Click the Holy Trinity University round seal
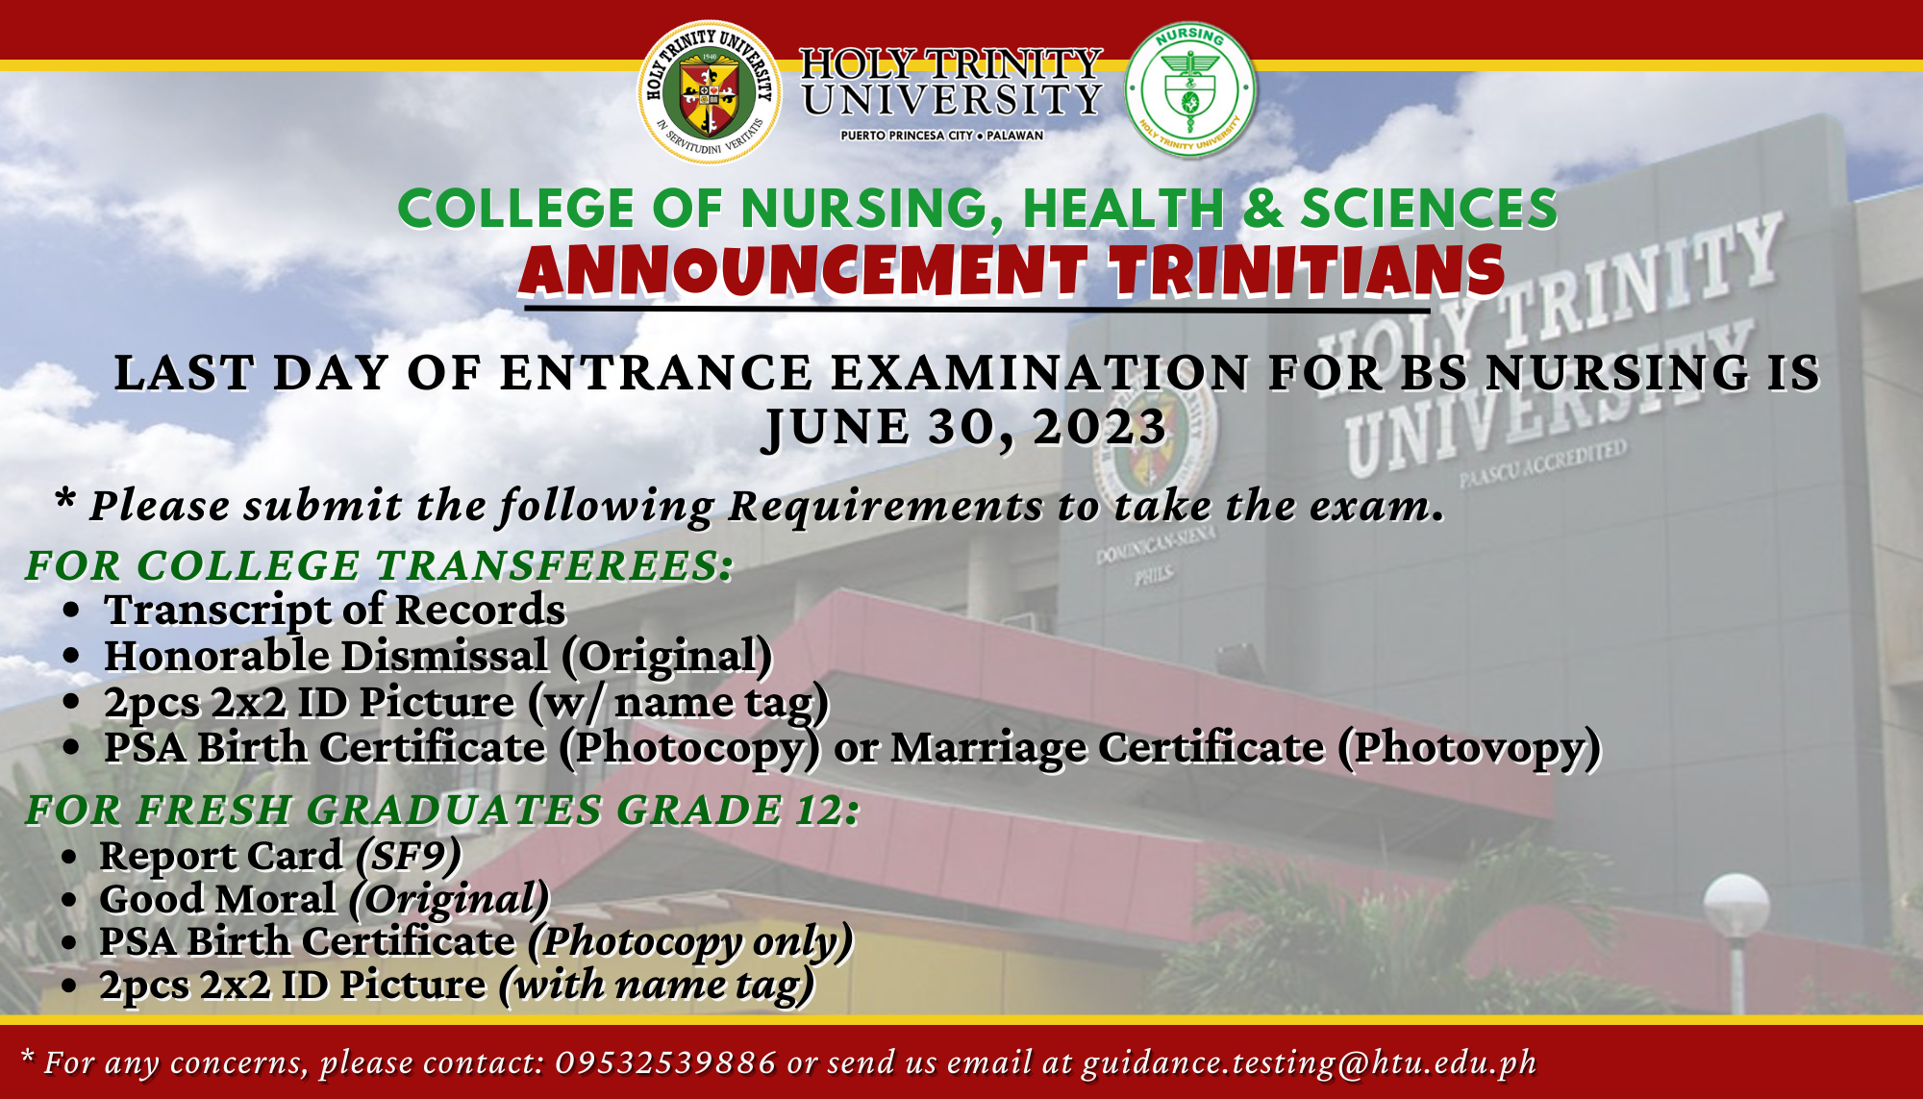coord(710,91)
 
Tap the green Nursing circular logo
coord(1190,89)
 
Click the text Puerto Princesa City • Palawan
coord(941,136)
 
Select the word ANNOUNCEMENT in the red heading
coord(803,270)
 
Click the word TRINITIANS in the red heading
coord(1308,270)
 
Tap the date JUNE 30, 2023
coord(965,427)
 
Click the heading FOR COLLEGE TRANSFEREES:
coord(379,565)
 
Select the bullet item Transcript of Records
coord(335,610)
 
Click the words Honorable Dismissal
coord(326,656)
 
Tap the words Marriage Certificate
coord(1108,748)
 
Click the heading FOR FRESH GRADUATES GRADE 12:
coord(442,810)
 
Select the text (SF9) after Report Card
coord(409,856)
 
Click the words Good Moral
coord(218,899)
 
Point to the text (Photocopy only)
coord(690,942)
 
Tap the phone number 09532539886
coord(665,1062)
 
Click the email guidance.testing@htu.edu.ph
coord(1309,1063)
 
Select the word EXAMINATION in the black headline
coord(1039,373)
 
